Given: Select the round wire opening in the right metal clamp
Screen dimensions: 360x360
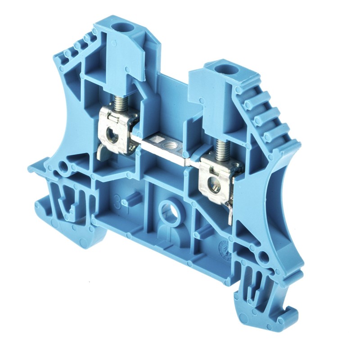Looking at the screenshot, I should [x=216, y=184].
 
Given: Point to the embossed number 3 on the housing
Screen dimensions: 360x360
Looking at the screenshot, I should [x=118, y=198].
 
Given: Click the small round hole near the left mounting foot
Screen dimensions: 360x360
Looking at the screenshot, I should [x=64, y=168].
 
